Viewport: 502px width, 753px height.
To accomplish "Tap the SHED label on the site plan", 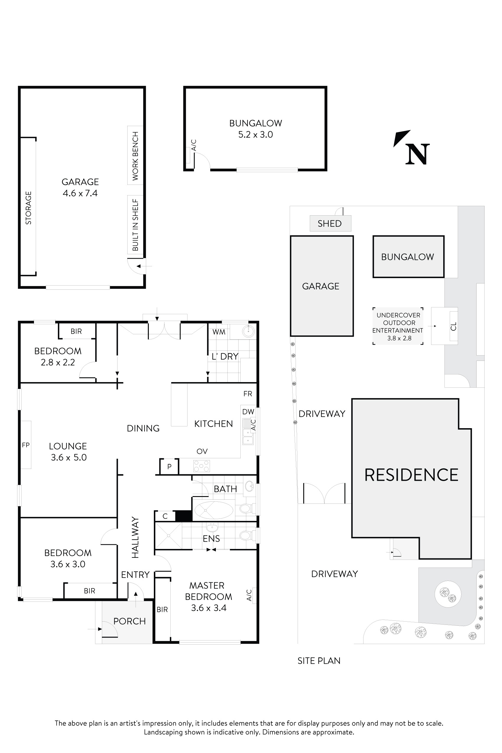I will pyautogui.click(x=330, y=224).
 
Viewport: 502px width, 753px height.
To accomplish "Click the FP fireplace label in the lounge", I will pyautogui.click(x=26, y=445).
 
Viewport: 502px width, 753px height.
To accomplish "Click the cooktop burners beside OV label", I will pyautogui.click(x=201, y=466).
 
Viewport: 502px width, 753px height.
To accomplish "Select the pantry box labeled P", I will pyautogui.click(x=169, y=467).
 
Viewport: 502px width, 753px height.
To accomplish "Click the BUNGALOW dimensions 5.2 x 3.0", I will pyautogui.click(x=255, y=134).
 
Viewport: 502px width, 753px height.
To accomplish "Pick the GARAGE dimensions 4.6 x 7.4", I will pyautogui.click(x=80, y=193).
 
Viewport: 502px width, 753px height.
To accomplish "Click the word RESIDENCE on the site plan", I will pyautogui.click(x=411, y=475).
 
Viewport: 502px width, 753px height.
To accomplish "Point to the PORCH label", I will pyautogui.click(x=129, y=621).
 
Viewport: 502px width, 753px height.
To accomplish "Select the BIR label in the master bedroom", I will pyautogui.click(x=162, y=609).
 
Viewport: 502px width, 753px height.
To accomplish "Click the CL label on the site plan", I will pyautogui.click(x=453, y=326).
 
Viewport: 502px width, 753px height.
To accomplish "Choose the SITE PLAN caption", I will pyautogui.click(x=319, y=661).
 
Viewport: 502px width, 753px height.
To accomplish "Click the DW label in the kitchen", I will pyautogui.click(x=248, y=412).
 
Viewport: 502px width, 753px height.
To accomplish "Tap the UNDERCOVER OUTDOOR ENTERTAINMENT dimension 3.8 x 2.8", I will pyautogui.click(x=399, y=338).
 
